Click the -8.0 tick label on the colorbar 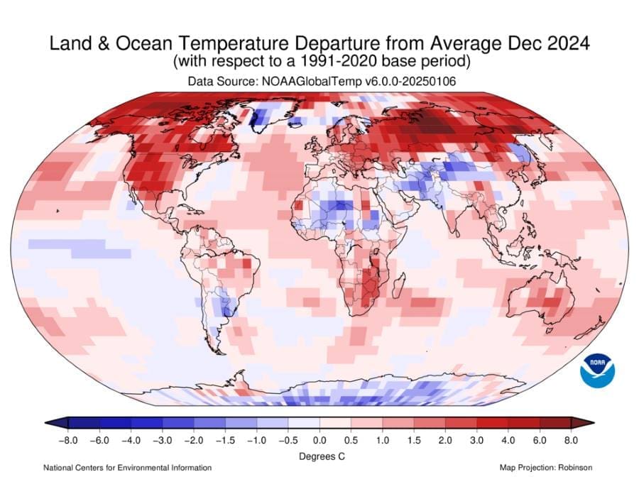[x=67, y=441]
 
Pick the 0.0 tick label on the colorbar [x=319, y=441]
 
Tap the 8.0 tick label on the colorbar [x=572, y=441]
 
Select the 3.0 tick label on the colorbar [x=477, y=441]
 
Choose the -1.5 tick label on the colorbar [x=225, y=441]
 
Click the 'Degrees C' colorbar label [x=321, y=456]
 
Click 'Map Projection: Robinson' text [x=546, y=468]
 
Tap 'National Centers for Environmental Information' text [x=127, y=468]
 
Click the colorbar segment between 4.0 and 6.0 [x=524, y=424]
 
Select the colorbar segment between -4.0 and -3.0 [x=146, y=424]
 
